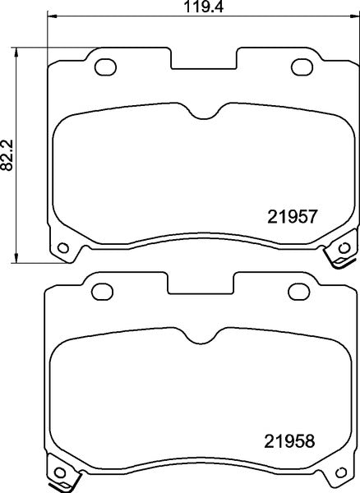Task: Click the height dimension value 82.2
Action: pos(7,154)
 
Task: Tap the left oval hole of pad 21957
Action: pos(105,66)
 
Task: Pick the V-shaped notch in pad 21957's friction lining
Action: pos(205,116)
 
